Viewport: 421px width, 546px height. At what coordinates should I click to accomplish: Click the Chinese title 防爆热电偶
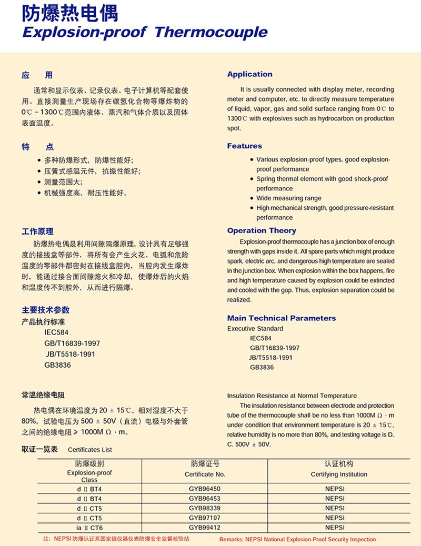[70, 13]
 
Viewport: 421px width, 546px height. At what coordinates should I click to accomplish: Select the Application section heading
[249, 74]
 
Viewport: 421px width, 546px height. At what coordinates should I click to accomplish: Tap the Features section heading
[244, 146]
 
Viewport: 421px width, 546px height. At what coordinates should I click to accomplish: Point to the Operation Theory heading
[262, 230]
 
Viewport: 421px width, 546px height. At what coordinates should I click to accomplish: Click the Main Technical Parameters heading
[281, 318]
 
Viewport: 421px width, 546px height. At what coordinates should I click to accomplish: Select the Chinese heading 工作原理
[37, 231]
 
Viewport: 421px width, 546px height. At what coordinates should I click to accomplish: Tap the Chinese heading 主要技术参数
[45, 310]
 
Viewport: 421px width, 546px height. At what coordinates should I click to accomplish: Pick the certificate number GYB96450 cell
[205, 489]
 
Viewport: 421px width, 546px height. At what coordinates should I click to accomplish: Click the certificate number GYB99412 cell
[205, 527]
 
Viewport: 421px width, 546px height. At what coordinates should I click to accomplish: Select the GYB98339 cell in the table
[205, 508]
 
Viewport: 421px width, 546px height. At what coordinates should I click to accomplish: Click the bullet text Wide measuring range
[289, 198]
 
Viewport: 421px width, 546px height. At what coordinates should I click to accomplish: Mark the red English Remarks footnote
[297, 539]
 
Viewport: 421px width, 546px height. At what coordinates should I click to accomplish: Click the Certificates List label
[90, 450]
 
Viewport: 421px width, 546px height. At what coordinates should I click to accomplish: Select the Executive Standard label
[255, 328]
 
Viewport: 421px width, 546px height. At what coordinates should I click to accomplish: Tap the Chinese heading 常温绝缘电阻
[43, 396]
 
